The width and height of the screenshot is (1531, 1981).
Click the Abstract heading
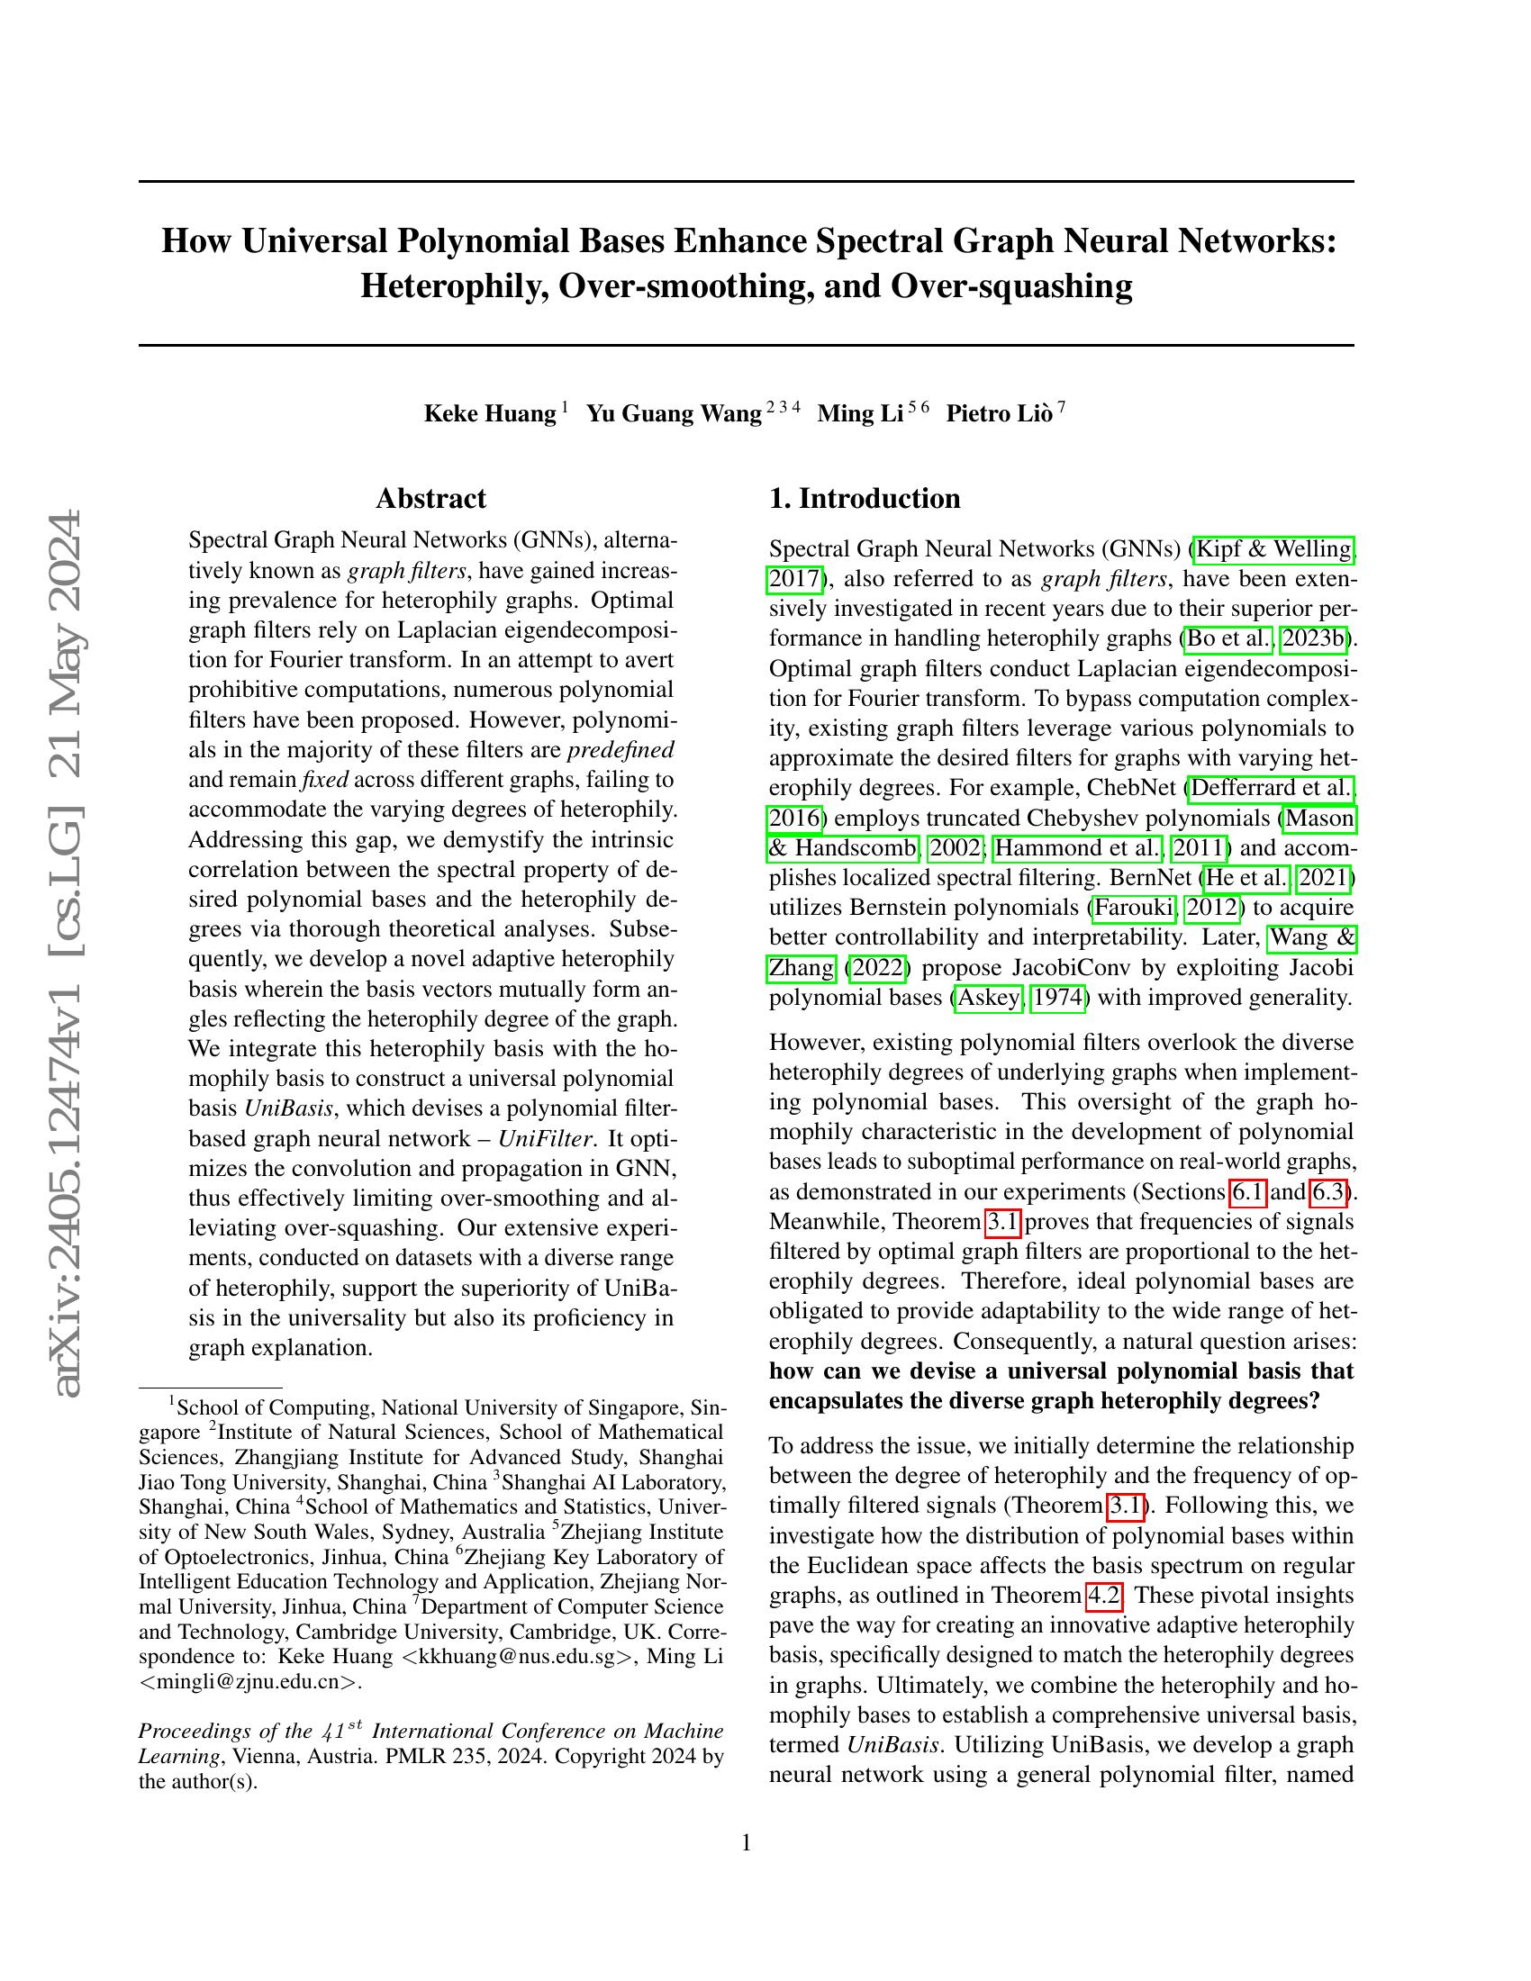point(430,499)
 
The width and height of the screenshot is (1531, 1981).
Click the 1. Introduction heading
point(865,499)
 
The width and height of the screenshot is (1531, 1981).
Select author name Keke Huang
point(490,414)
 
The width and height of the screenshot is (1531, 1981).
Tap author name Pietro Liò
point(1000,414)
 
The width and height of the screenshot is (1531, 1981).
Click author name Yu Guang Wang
point(674,414)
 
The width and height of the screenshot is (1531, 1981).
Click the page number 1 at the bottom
point(747,1842)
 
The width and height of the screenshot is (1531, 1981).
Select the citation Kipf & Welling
point(1274,549)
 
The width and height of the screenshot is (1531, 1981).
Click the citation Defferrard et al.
point(1271,788)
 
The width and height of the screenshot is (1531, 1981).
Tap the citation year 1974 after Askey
point(1058,998)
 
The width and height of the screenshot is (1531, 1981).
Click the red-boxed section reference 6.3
point(1328,1192)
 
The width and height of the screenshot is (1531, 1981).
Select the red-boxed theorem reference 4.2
point(1104,1596)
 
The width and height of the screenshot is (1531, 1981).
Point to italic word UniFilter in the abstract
point(544,1139)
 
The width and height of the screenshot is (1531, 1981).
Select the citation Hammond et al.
point(1076,848)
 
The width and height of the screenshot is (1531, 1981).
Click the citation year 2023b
point(1312,638)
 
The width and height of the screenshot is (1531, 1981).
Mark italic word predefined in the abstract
point(621,750)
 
